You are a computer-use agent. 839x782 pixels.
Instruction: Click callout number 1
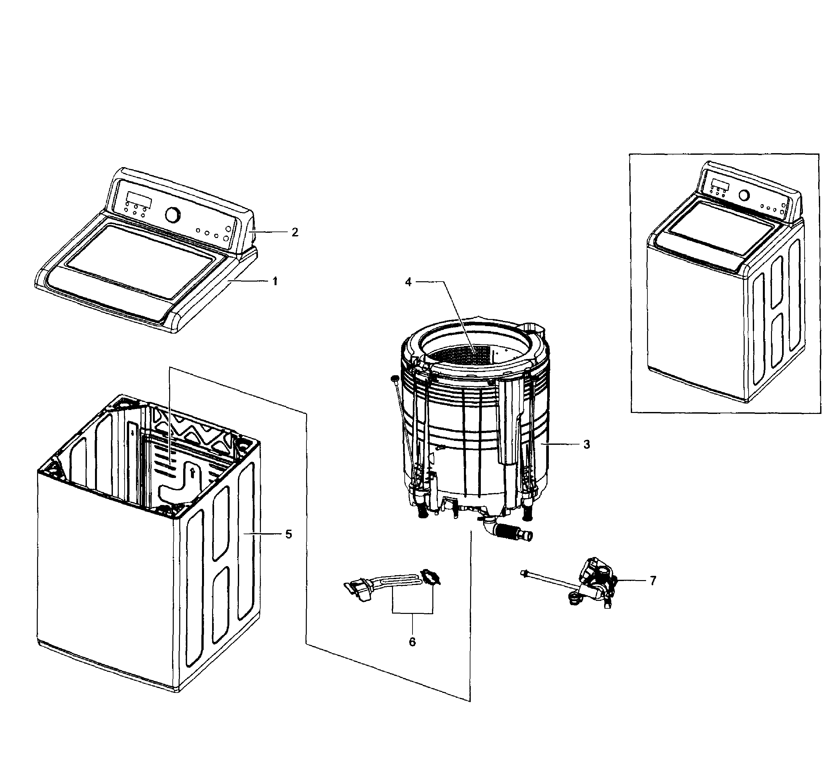click(275, 281)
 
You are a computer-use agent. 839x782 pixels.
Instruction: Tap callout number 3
click(587, 444)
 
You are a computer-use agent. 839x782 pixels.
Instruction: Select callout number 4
click(408, 282)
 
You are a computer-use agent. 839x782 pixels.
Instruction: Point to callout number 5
click(288, 535)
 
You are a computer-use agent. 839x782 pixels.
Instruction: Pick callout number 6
click(412, 642)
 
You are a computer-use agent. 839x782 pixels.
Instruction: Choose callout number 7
click(653, 581)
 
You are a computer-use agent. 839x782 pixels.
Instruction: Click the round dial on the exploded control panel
click(172, 214)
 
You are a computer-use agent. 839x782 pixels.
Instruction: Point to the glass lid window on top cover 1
click(142, 261)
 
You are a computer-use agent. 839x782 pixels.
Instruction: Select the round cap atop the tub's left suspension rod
click(396, 378)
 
